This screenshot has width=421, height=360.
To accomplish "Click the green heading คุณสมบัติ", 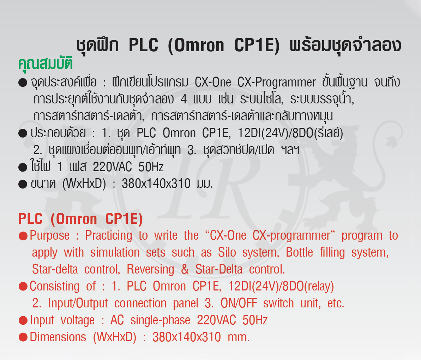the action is click(x=46, y=63).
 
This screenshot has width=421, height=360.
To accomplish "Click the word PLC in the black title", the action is click(x=144, y=45).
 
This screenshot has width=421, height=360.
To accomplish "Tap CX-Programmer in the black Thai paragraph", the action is click(x=277, y=83).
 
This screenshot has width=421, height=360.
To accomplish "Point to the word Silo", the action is click(x=227, y=252).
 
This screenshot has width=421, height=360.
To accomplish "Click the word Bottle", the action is click(x=299, y=252).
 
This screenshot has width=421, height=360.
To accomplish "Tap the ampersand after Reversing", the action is click(x=185, y=269).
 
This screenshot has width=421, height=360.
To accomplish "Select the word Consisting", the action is click(x=54, y=287).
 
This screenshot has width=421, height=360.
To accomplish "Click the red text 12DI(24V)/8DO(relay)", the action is click(x=281, y=287).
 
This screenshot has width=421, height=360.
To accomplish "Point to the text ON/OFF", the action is click(x=239, y=304).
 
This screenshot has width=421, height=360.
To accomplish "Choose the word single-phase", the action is click(x=160, y=320).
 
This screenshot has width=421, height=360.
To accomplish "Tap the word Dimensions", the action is click(x=58, y=337).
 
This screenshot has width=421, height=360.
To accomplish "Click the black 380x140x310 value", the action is click(x=156, y=184).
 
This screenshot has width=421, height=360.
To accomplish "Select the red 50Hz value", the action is click(x=255, y=320).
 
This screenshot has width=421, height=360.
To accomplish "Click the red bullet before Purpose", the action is click(x=23, y=236).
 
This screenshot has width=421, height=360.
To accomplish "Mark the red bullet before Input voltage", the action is click(x=23, y=320).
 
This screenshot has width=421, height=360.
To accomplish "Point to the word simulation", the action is click(x=115, y=252).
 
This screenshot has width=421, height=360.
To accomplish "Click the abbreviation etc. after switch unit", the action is click(x=336, y=304).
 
